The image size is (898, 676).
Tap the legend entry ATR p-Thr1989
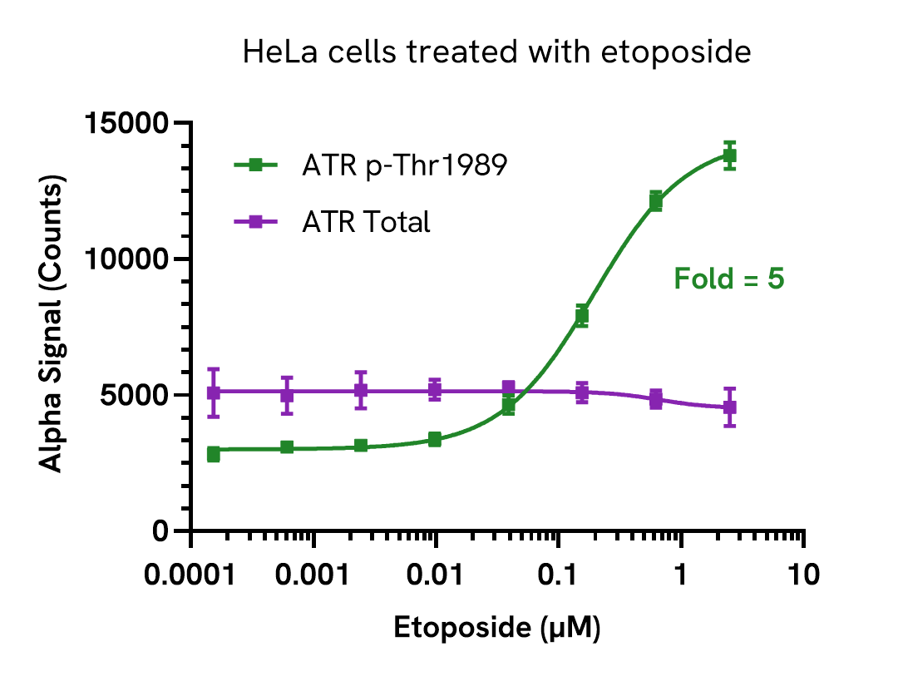(x=405, y=165)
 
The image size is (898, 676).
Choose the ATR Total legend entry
(x=367, y=222)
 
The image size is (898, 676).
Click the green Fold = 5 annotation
(x=728, y=279)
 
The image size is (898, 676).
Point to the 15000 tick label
(x=128, y=124)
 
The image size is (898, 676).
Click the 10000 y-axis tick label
(x=128, y=259)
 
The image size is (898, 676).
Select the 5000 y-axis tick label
(x=136, y=395)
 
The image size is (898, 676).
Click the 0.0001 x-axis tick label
(x=191, y=575)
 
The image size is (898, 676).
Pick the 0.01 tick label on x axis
(x=436, y=575)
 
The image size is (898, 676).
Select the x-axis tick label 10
(x=803, y=575)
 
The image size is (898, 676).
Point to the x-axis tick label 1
(x=681, y=575)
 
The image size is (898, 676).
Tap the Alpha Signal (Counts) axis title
(x=52, y=326)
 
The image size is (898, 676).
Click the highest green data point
(x=729, y=155)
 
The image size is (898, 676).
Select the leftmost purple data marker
(x=214, y=392)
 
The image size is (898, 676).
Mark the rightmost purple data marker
(x=729, y=407)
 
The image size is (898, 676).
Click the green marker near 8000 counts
(x=582, y=315)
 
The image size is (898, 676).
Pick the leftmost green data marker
(x=214, y=453)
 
